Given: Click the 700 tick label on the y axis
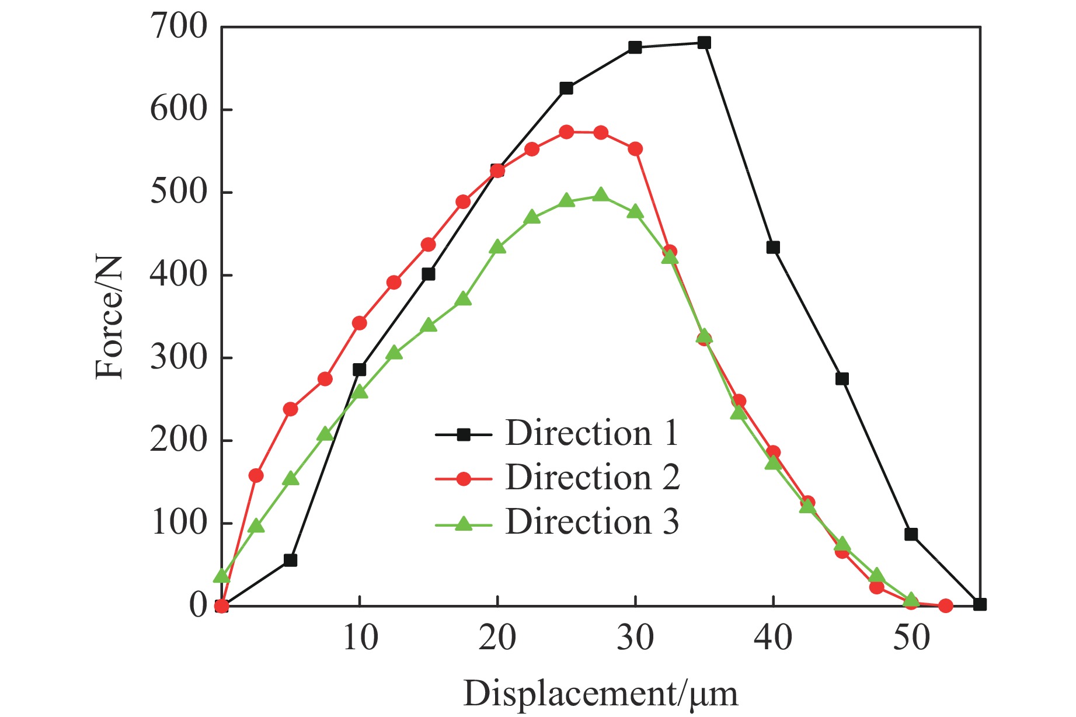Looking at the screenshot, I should pos(179,27).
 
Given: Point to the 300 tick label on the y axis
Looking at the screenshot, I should pos(179,357).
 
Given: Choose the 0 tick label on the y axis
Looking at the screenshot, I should pos(198,605).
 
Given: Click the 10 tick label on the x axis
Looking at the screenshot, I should pos(360,638).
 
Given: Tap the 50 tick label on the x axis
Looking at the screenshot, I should pos(911,638).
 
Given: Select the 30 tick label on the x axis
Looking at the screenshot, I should pos(635,638).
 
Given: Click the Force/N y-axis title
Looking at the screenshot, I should pos(110,318).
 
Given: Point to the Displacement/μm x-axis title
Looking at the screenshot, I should pos(600,694).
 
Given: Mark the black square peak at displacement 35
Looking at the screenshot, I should pos(704,43).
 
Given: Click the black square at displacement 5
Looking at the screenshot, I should pos(290,560).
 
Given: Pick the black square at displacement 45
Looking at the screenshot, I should pos(842,379).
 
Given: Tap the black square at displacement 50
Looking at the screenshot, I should pos(911,534).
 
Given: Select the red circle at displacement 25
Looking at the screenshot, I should pos(566,132).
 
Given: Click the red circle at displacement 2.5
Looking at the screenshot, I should pos(256,476).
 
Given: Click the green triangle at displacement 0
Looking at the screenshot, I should pos(221,576).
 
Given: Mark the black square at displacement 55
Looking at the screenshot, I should pos(980,604).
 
